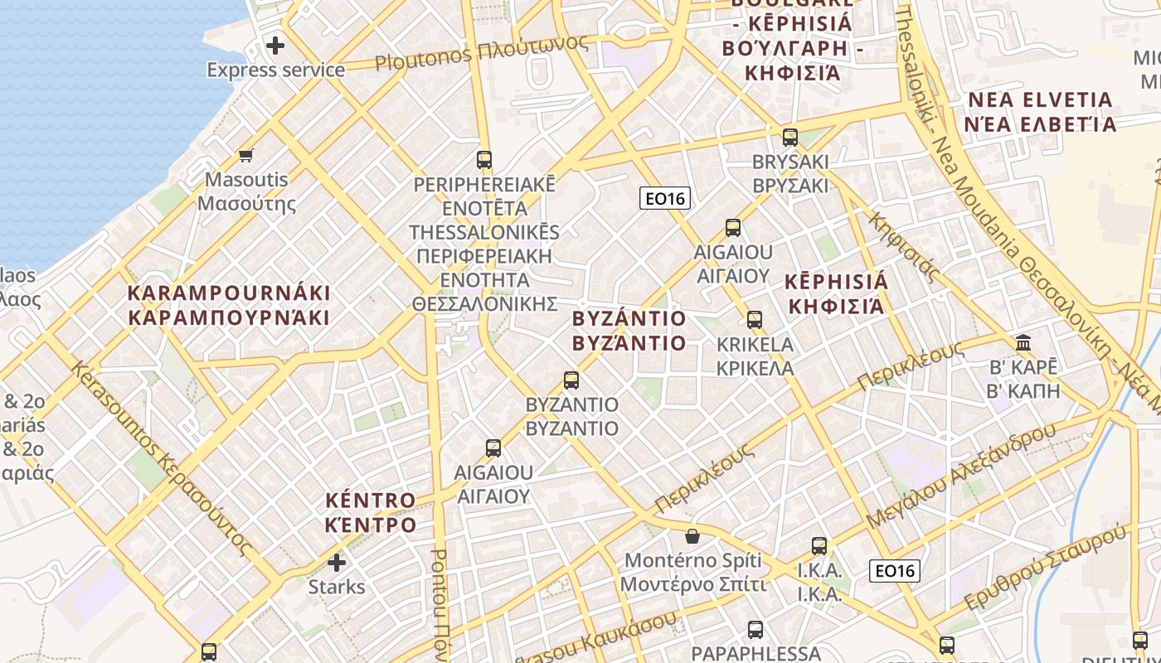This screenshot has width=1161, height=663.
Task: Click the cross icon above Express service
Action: (275, 45)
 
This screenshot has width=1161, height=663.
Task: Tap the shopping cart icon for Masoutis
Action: (245, 154)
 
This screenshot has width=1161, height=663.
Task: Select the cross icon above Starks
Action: (336, 563)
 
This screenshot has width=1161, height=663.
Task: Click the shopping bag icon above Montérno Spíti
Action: (692, 536)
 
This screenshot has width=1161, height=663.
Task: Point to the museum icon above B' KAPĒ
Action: (1023, 342)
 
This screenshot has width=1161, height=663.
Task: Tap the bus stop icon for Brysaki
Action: (789, 137)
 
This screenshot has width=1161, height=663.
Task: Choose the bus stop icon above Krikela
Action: (754, 319)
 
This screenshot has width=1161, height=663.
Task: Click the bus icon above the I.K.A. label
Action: (819, 546)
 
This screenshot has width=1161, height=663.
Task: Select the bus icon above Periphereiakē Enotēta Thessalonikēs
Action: (484, 159)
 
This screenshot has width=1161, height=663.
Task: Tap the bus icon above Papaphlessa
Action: (755, 629)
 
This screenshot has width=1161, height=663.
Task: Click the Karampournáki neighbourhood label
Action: (229, 305)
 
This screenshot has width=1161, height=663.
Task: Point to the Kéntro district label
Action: (370, 512)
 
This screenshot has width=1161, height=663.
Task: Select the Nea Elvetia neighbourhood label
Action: (1041, 112)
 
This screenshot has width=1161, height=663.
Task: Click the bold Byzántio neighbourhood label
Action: (629, 331)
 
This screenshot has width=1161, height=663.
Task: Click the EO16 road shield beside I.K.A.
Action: (895, 570)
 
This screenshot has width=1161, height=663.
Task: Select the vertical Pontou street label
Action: (440, 605)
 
